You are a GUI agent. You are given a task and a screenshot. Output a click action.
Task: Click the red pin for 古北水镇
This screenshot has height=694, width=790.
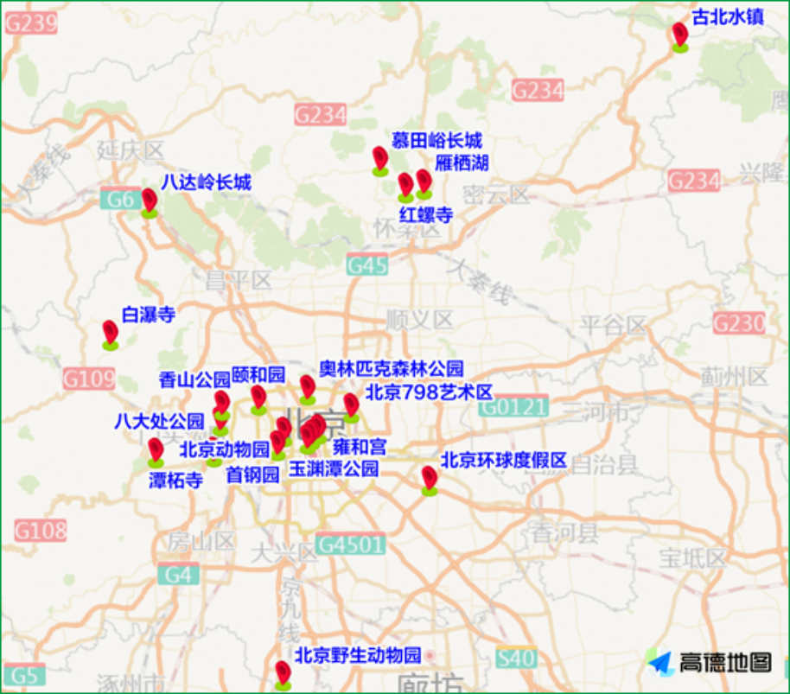680,35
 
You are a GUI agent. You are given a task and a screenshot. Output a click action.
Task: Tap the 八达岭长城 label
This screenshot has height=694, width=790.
206,182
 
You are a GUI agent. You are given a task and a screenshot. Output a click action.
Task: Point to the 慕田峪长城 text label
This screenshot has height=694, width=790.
436,141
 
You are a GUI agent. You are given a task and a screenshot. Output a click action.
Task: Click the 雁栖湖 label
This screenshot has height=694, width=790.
462,162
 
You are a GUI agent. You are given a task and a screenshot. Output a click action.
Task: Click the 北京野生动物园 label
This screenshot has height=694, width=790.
358,654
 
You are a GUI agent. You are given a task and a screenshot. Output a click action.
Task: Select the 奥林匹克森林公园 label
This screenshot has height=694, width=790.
391,368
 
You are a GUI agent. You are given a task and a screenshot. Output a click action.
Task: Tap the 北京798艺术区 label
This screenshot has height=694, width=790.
429,392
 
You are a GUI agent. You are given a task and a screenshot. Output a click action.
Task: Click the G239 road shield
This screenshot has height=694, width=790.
30,22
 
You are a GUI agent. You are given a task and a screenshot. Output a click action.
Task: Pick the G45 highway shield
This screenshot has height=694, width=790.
367,265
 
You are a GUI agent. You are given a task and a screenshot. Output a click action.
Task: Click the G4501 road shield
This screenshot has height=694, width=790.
349,544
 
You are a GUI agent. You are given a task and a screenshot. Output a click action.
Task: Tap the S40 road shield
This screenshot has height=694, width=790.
515,659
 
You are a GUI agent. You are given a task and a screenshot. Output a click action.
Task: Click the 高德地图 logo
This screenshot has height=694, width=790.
710,662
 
